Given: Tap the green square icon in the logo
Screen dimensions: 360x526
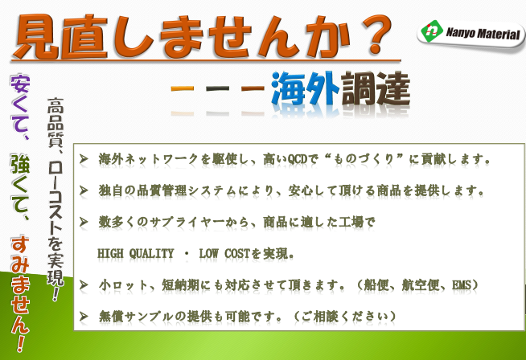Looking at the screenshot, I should [434, 32].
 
